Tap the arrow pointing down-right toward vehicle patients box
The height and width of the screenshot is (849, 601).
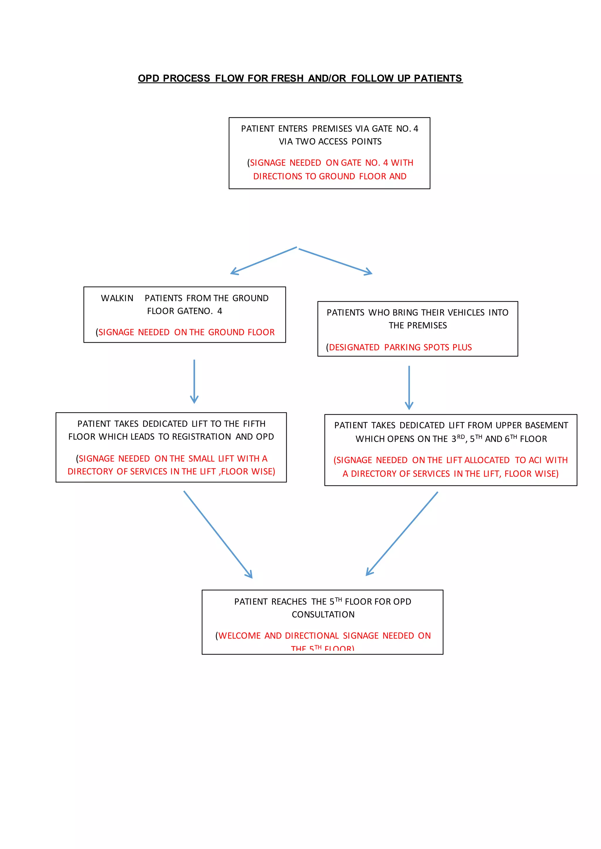335,261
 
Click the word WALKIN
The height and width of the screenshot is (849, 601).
117,298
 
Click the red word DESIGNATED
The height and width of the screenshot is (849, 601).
354,347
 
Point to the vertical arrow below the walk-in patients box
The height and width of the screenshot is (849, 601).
194,381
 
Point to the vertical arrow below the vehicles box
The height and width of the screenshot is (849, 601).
409,387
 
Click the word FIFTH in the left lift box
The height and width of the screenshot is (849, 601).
254,424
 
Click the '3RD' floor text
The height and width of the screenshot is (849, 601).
458,439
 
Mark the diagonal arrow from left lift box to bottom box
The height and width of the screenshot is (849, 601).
218,534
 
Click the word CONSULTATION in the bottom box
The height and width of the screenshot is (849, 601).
323,614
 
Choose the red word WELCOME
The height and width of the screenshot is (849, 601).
239,636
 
